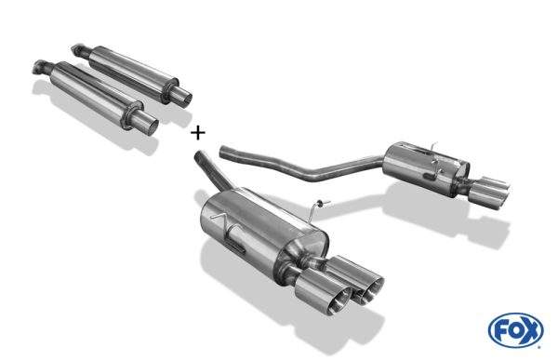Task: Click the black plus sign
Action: point(198,133)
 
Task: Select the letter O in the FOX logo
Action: point(516,331)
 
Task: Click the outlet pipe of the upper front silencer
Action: point(182,96)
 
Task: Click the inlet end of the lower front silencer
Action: point(41,67)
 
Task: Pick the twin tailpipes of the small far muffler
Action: point(488,192)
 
